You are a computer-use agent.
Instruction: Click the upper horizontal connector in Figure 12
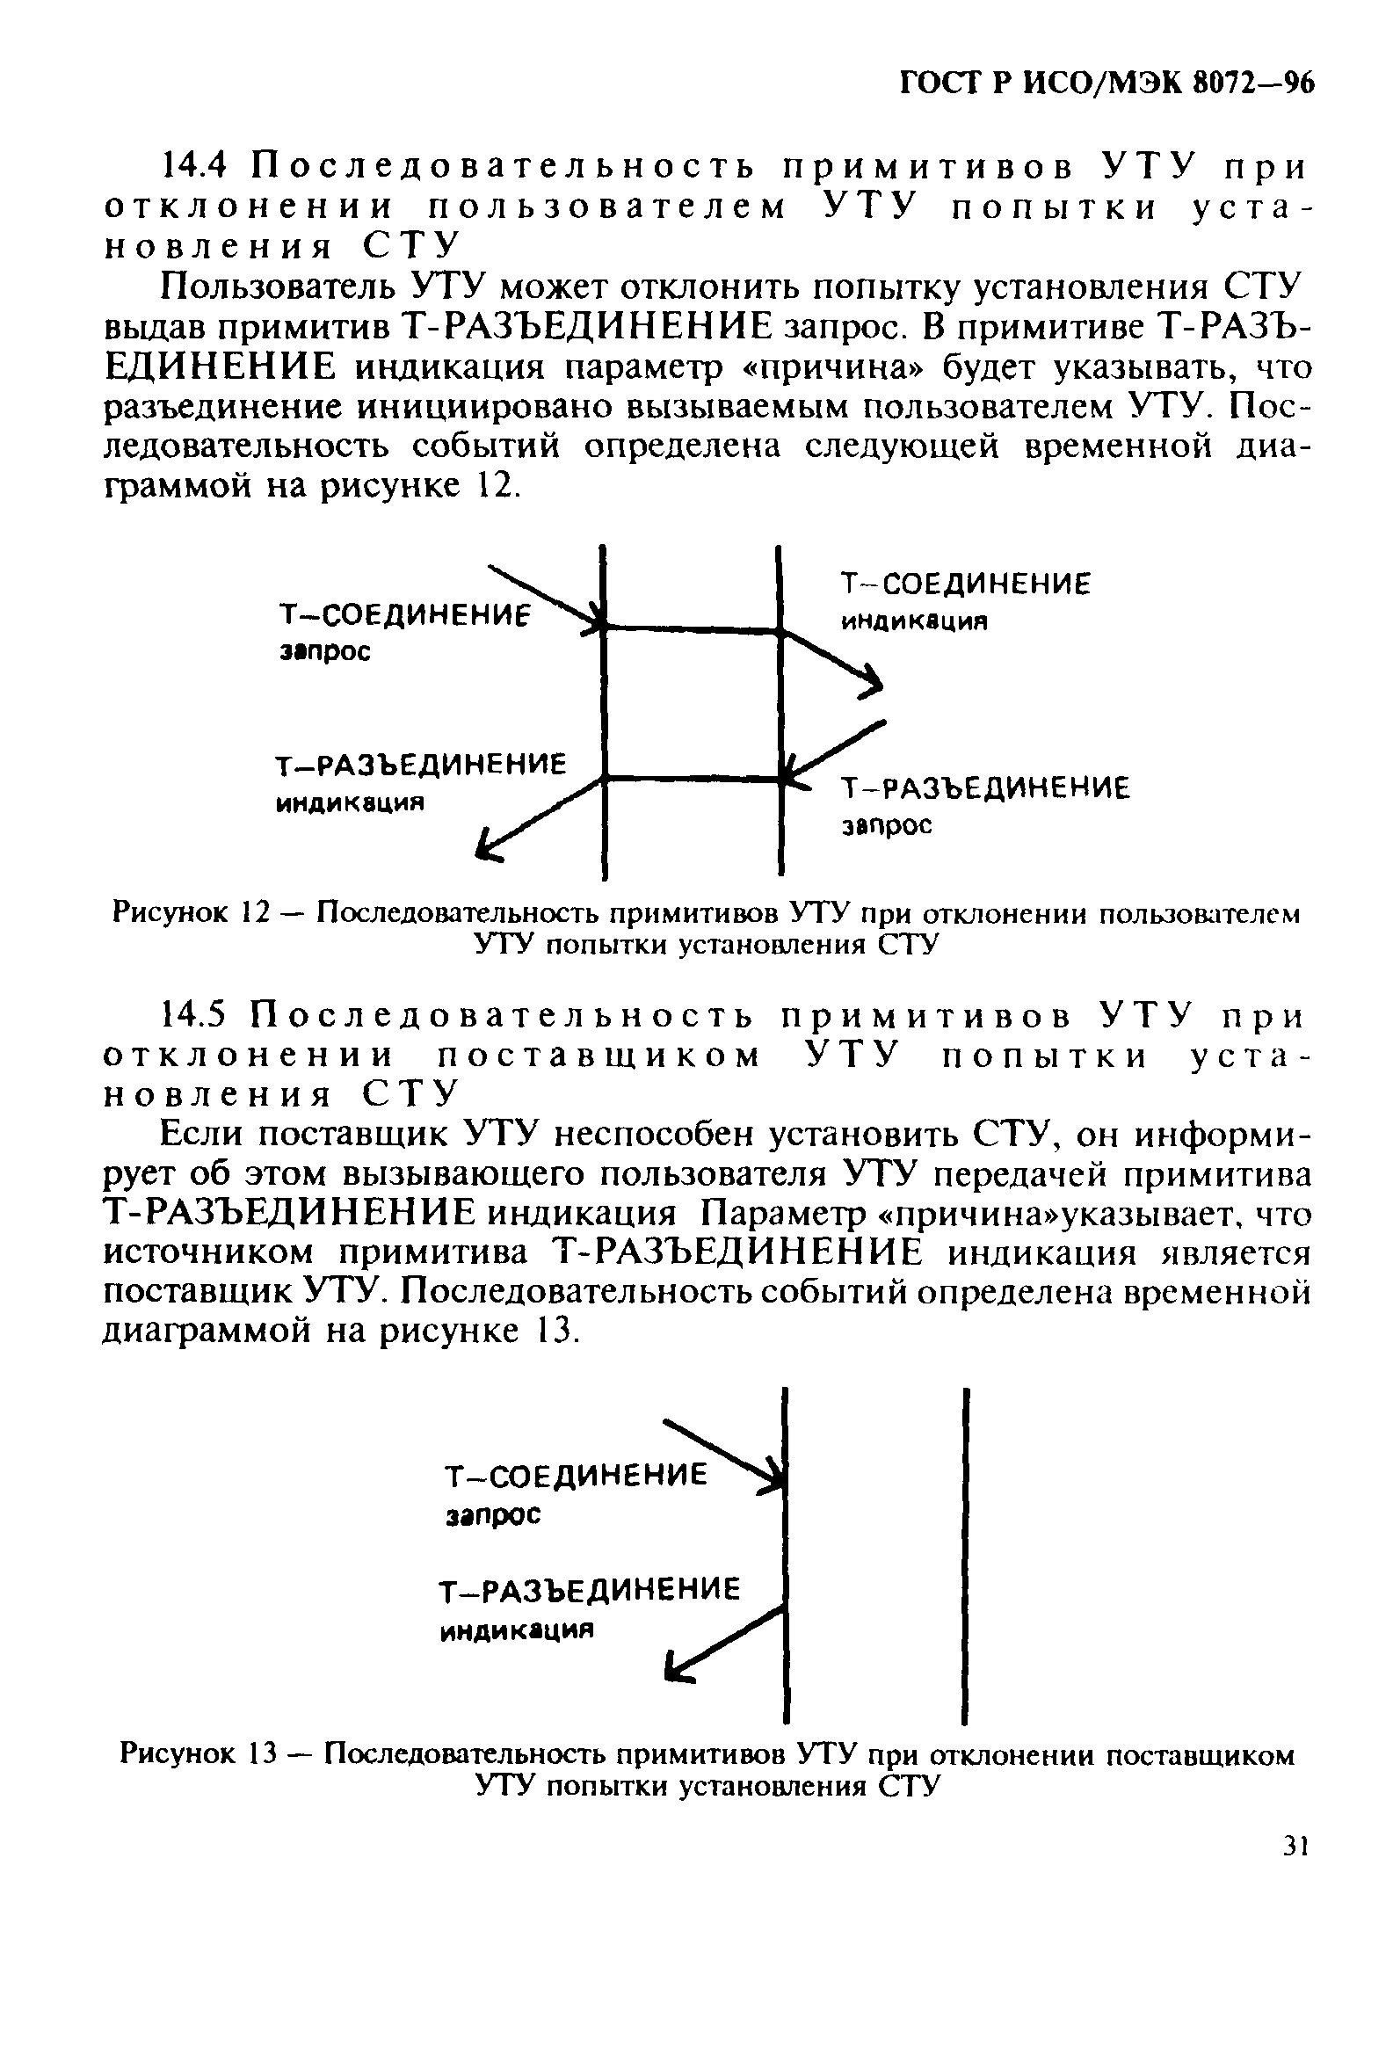[692, 628]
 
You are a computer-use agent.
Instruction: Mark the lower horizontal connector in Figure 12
[692, 779]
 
